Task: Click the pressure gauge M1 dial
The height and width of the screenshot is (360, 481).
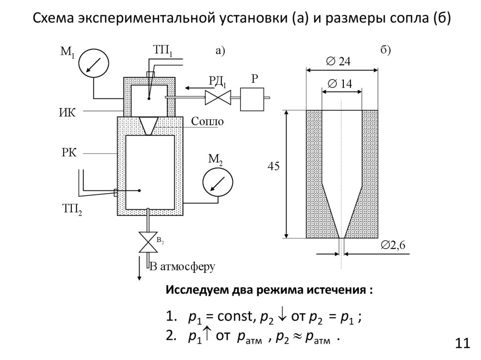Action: pos(93,63)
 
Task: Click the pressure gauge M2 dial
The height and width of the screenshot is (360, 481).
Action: pos(217,181)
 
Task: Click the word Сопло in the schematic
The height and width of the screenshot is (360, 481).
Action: pos(207,121)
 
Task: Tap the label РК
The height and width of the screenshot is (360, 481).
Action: pos(68,153)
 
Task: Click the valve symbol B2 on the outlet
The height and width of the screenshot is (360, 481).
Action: pos(148,242)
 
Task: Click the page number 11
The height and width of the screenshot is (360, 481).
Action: pos(462,343)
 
